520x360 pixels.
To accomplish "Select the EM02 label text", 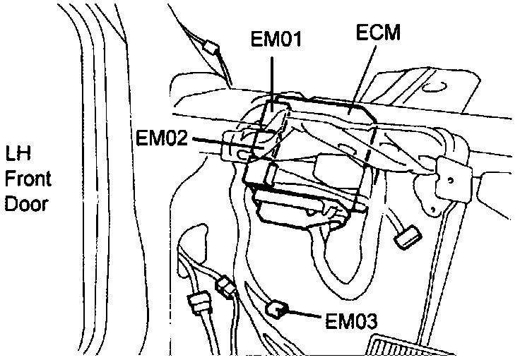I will pos(162,138).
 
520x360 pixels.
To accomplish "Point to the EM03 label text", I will pos(350,320).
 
